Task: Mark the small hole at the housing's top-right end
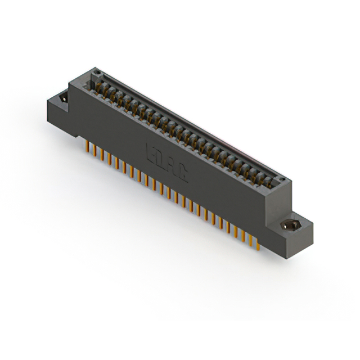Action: (x=282, y=181)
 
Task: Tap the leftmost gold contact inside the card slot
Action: (x=90, y=84)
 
